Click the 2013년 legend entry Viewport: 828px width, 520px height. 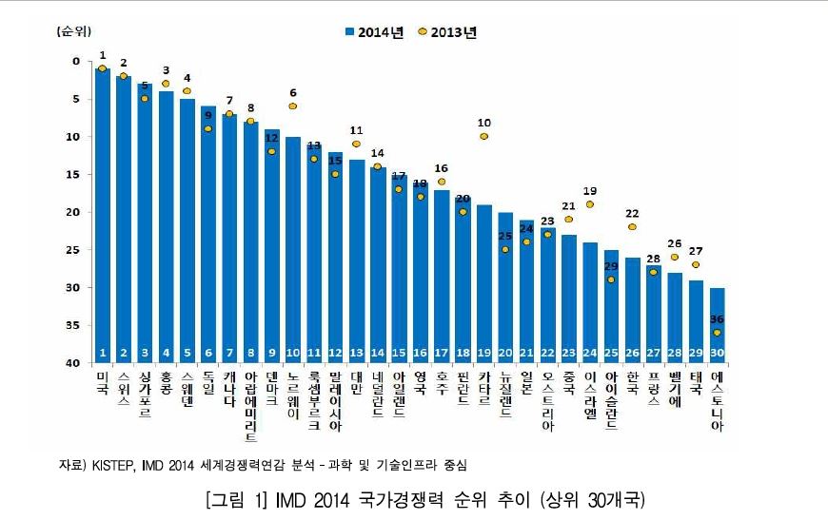[446, 32]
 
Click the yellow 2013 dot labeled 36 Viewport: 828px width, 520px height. [718, 333]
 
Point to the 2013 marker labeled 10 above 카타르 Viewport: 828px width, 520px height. [484, 137]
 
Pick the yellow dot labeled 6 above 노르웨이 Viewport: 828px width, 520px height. [292, 106]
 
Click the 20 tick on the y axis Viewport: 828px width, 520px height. [75, 212]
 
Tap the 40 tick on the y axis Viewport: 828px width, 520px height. [75, 363]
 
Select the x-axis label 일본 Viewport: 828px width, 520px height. [526, 385]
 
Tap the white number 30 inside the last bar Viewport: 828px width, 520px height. [718, 353]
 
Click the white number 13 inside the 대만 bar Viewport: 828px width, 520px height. [357, 353]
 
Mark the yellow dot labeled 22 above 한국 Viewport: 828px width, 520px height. [632, 227]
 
